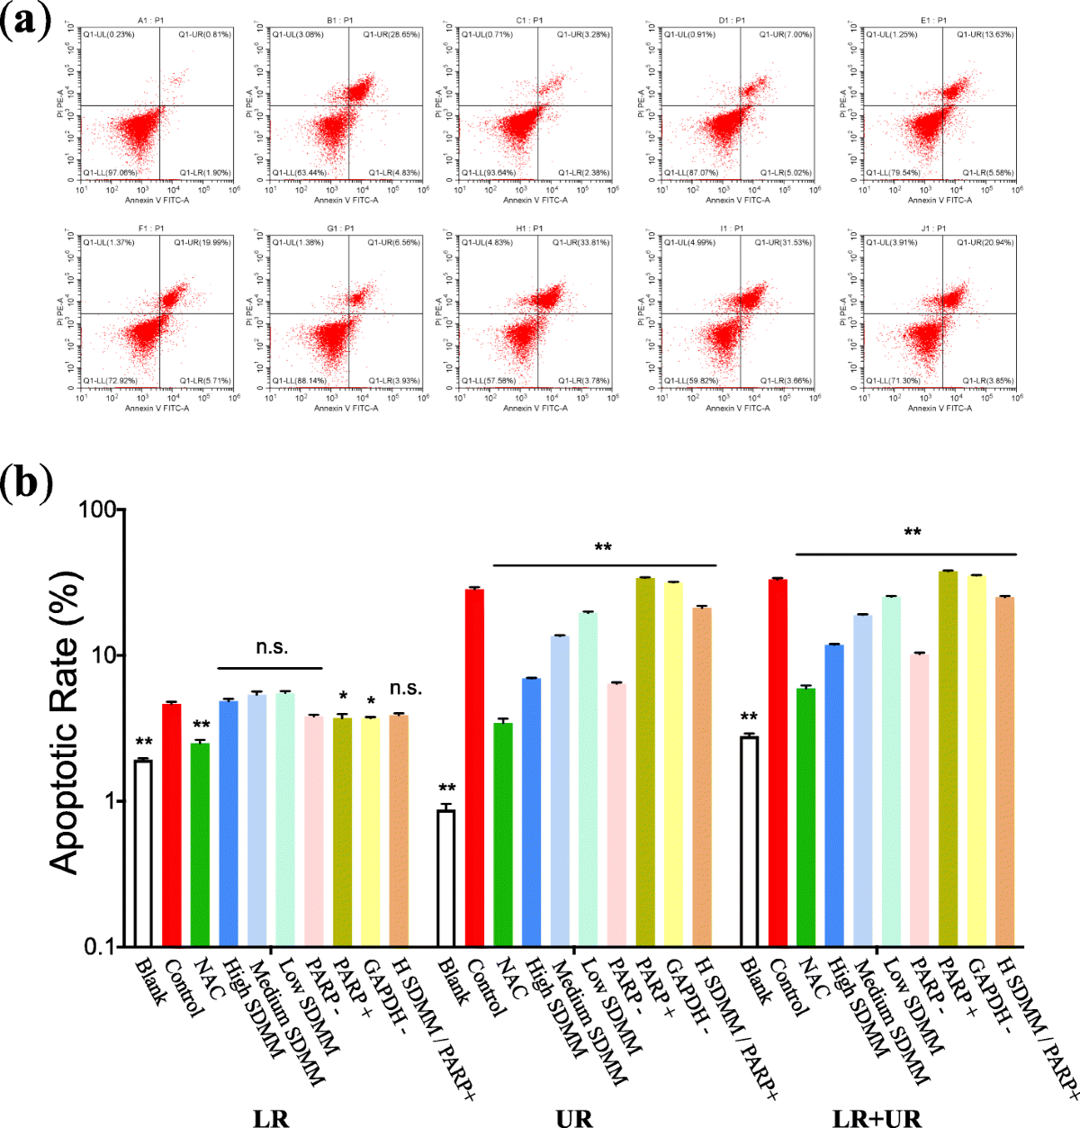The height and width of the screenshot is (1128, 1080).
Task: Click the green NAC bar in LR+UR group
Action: tap(806, 816)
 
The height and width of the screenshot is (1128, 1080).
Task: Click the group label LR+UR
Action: tap(877, 1117)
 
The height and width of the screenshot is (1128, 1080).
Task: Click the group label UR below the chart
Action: tap(573, 1117)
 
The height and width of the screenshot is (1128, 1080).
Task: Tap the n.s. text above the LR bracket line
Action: tap(272, 647)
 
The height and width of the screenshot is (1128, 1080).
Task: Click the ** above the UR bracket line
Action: tap(603, 548)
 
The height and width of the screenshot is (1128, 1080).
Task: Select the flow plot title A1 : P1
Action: tap(150, 20)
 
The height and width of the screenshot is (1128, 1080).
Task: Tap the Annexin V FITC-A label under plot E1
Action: tap(940, 200)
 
